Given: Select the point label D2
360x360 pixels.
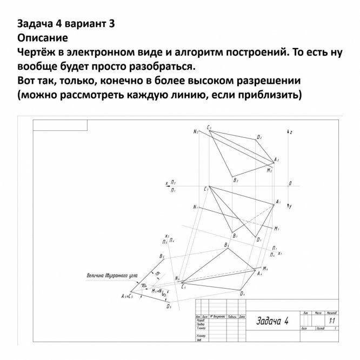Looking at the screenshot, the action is coord(259,137).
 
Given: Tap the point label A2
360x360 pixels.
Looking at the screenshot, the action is coord(276,159).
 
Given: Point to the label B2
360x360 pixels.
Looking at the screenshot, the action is coord(236,181).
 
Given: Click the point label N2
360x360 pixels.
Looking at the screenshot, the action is coord(195,132).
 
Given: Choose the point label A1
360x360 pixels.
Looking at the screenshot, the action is coord(278,202).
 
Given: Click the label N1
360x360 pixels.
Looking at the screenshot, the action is coord(195,207).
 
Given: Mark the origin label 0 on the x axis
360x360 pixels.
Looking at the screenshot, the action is coord(290,184).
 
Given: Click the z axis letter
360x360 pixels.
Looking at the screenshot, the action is coord(291,132).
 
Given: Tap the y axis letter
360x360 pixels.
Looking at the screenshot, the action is coord(290,206).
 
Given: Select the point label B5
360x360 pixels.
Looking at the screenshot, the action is coord(162,256).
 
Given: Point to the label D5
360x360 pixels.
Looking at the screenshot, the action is coord(169,306).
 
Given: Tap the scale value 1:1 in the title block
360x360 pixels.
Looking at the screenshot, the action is coord(331,320).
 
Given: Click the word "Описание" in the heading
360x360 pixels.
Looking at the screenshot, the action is coord(42,38).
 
